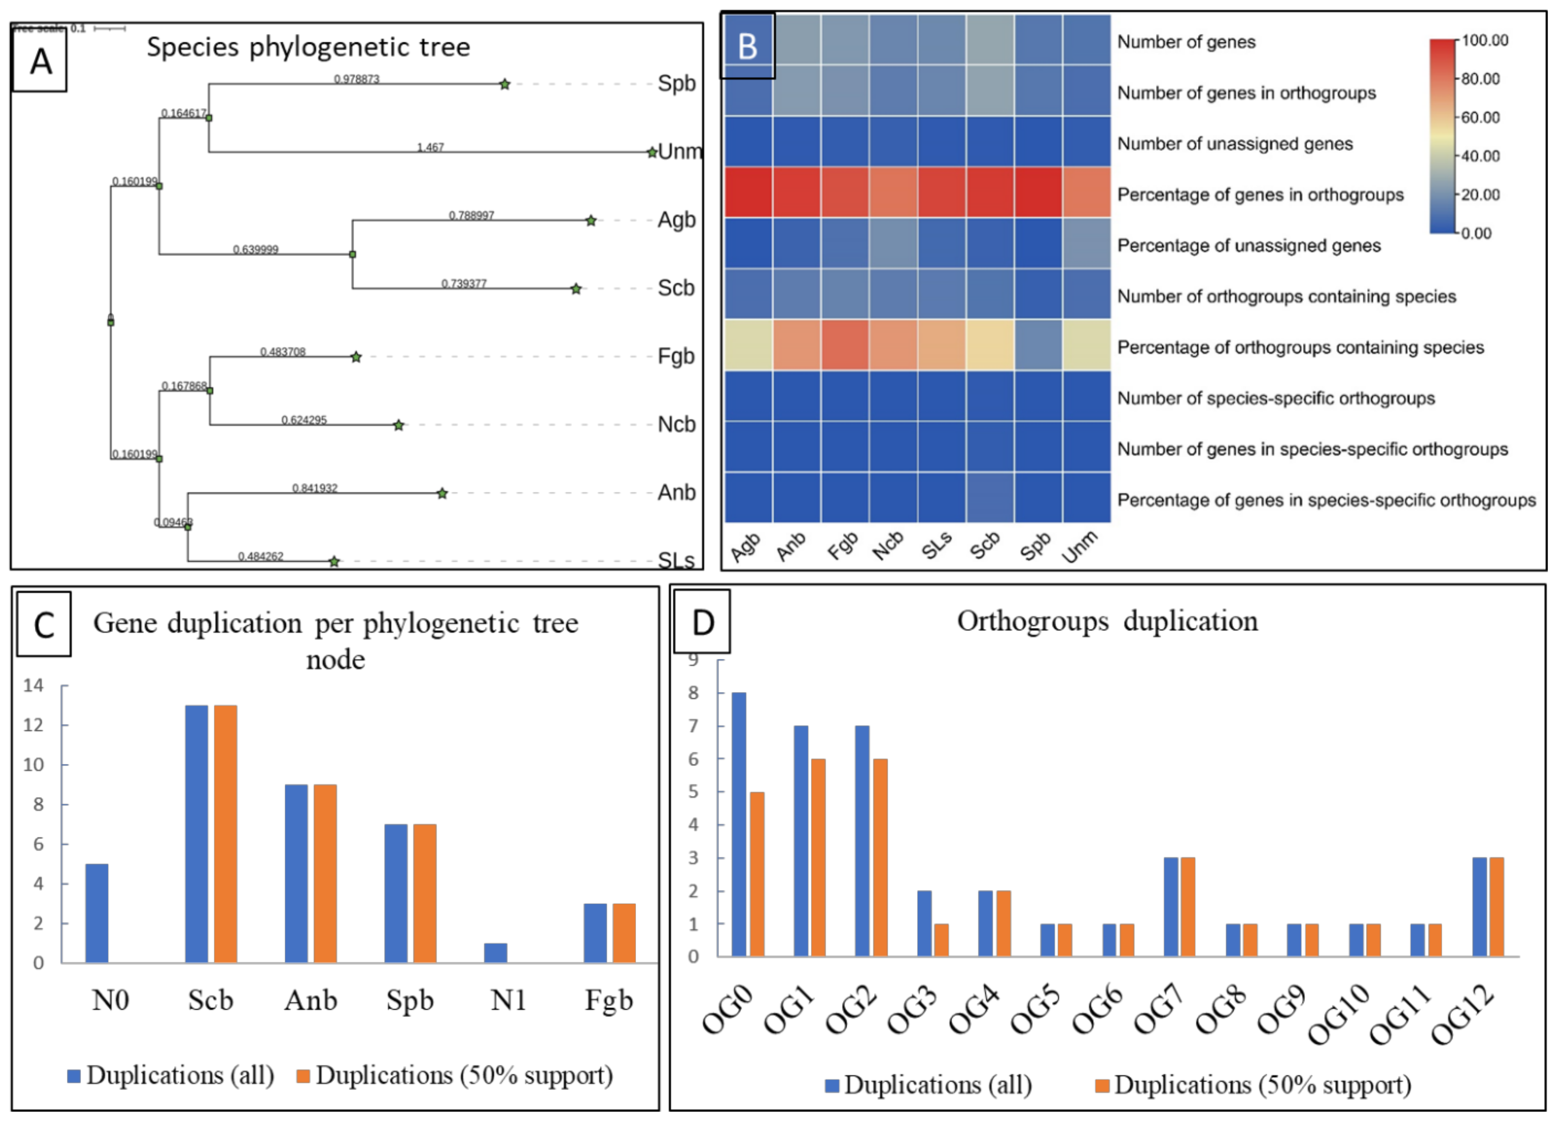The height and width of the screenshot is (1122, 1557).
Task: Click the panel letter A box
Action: click(x=40, y=62)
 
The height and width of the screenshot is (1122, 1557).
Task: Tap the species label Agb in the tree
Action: click(x=676, y=220)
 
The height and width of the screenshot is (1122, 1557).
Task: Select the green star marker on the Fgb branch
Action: click(x=356, y=357)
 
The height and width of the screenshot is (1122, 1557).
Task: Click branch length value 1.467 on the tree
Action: click(x=430, y=147)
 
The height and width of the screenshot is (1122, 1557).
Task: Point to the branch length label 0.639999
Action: click(x=256, y=249)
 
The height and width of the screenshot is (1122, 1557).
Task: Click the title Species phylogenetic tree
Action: click(x=308, y=47)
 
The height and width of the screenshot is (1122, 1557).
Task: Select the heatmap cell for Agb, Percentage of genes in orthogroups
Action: click(x=748, y=192)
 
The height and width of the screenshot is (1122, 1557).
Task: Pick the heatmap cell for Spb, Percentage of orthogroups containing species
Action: click(x=1037, y=345)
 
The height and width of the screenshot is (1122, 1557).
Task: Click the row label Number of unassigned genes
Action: click(x=1234, y=144)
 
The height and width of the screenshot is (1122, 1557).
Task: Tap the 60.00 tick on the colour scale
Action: click(x=1480, y=117)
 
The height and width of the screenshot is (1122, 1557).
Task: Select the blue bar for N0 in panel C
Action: click(x=97, y=913)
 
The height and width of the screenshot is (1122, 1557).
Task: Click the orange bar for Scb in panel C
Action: click(x=225, y=834)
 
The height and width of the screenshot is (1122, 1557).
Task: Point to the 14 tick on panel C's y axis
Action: click(x=33, y=685)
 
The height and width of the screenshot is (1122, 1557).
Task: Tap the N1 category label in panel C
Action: click(x=508, y=1000)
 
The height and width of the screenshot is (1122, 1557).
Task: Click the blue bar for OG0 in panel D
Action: click(x=739, y=824)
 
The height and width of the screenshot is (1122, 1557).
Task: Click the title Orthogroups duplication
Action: click(x=1107, y=621)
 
